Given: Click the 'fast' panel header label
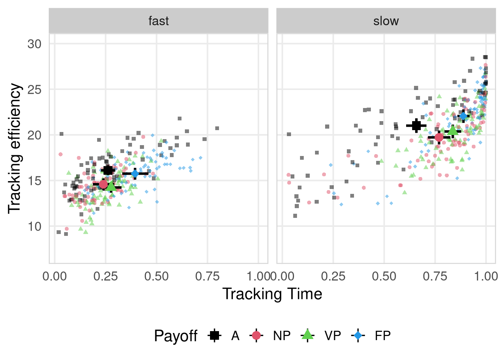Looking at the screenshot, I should point(159,21).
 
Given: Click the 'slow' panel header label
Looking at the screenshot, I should point(386,21).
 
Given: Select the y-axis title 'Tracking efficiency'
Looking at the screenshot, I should point(15,148).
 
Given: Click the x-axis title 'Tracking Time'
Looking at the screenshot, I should point(272,294).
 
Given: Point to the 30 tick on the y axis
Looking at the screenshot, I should point(34,44).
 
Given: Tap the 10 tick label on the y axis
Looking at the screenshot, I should point(34,226).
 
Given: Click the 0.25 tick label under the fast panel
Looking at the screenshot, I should point(105,277).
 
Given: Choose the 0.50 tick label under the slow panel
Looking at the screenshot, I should point(384,277).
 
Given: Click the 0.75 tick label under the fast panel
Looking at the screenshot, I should point(207,277).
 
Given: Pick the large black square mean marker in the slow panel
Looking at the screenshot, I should point(416,126).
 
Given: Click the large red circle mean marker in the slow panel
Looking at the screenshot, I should point(439,138).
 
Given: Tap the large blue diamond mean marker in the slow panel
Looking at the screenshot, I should point(463,116).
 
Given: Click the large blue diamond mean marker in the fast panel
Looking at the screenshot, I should point(135,174).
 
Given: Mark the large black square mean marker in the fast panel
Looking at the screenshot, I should point(108,171).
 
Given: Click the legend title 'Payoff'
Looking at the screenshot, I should point(175,336).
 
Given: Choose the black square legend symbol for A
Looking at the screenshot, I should point(214,336).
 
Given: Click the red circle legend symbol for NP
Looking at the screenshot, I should point(256,336).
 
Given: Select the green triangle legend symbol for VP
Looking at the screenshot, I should point(307,335).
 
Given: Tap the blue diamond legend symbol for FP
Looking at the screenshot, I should point(358,336).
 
